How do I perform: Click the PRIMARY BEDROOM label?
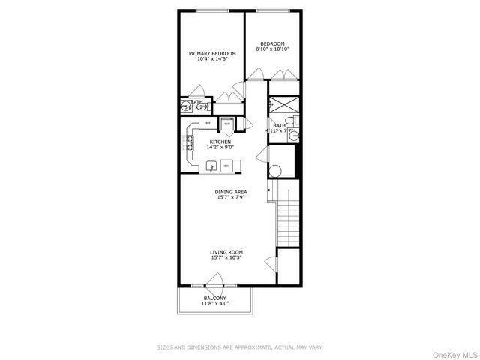tap(212, 53)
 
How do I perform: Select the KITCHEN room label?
tap(220, 142)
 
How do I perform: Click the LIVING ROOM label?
tap(226, 252)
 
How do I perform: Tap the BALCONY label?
tap(215, 298)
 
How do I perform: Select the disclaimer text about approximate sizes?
tap(240, 347)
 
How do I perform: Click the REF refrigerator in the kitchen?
tap(207, 123)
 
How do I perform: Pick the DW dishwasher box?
tap(226, 166)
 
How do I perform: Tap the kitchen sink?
tap(211, 166)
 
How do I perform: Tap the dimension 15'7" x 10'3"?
tap(226, 258)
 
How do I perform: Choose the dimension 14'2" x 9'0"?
tap(220, 147)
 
